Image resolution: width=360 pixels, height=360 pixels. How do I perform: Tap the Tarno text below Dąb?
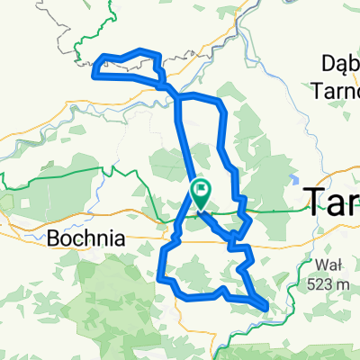(336, 88)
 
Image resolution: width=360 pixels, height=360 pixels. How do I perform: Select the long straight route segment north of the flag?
(185, 144)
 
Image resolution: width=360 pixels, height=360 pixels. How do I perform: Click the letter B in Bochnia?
(51, 241)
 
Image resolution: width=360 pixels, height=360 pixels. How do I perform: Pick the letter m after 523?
(345, 284)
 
